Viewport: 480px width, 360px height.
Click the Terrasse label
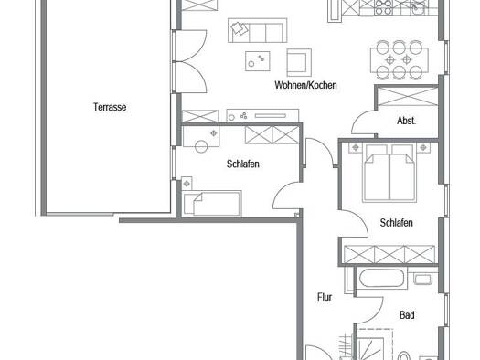click(110, 107)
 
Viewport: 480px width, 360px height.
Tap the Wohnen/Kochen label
click(305, 85)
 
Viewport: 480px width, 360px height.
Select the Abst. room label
click(406, 121)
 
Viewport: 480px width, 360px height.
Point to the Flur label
click(325, 297)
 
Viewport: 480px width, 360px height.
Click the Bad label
click(407, 315)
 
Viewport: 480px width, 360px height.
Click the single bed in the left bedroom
click(211, 204)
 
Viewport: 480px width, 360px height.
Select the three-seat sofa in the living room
click(258, 30)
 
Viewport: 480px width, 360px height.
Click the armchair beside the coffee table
click(299, 62)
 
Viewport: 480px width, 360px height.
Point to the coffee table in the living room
click(258, 61)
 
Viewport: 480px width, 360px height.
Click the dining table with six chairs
click(400, 60)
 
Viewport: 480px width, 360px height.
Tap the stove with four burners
click(384, 7)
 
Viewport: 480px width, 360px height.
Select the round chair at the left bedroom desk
click(201, 146)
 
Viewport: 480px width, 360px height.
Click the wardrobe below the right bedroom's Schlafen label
click(389, 255)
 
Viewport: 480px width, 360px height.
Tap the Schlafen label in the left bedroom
click(243, 164)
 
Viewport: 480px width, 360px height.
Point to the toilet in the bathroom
click(404, 355)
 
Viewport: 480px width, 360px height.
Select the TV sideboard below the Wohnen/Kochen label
click(262, 116)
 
